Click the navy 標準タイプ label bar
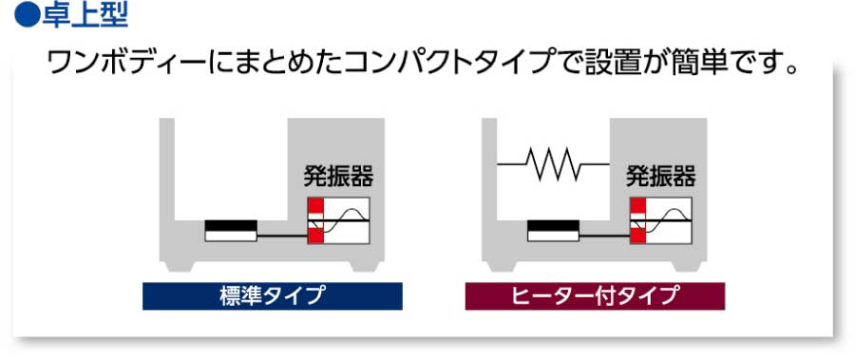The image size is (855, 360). (x=273, y=295)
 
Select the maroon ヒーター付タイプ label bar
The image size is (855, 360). (x=595, y=295)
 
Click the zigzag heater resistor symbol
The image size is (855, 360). (x=556, y=166)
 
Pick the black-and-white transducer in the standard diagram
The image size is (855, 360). (x=231, y=231)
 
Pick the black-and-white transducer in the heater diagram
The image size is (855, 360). (x=554, y=231)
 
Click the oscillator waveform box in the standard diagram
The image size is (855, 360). (x=345, y=222)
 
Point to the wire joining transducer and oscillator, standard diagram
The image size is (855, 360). (x=281, y=235)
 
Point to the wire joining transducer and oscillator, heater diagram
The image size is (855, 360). (x=604, y=234)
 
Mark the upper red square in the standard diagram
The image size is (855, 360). (x=314, y=207)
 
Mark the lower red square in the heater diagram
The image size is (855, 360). (x=637, y=237)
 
